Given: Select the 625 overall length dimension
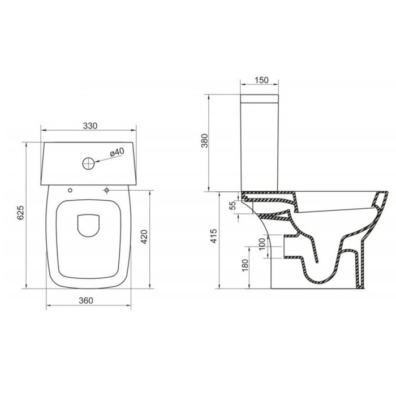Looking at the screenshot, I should click(20, 213).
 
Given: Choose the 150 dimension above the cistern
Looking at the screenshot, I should click(261, 81).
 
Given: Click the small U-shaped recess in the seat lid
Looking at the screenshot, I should click(88, 225).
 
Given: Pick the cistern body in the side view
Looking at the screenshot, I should click(261, 144).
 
